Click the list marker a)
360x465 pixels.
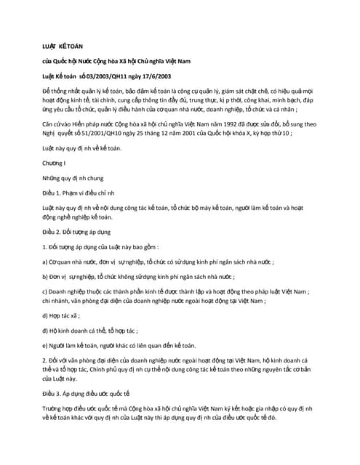(46, 262)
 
